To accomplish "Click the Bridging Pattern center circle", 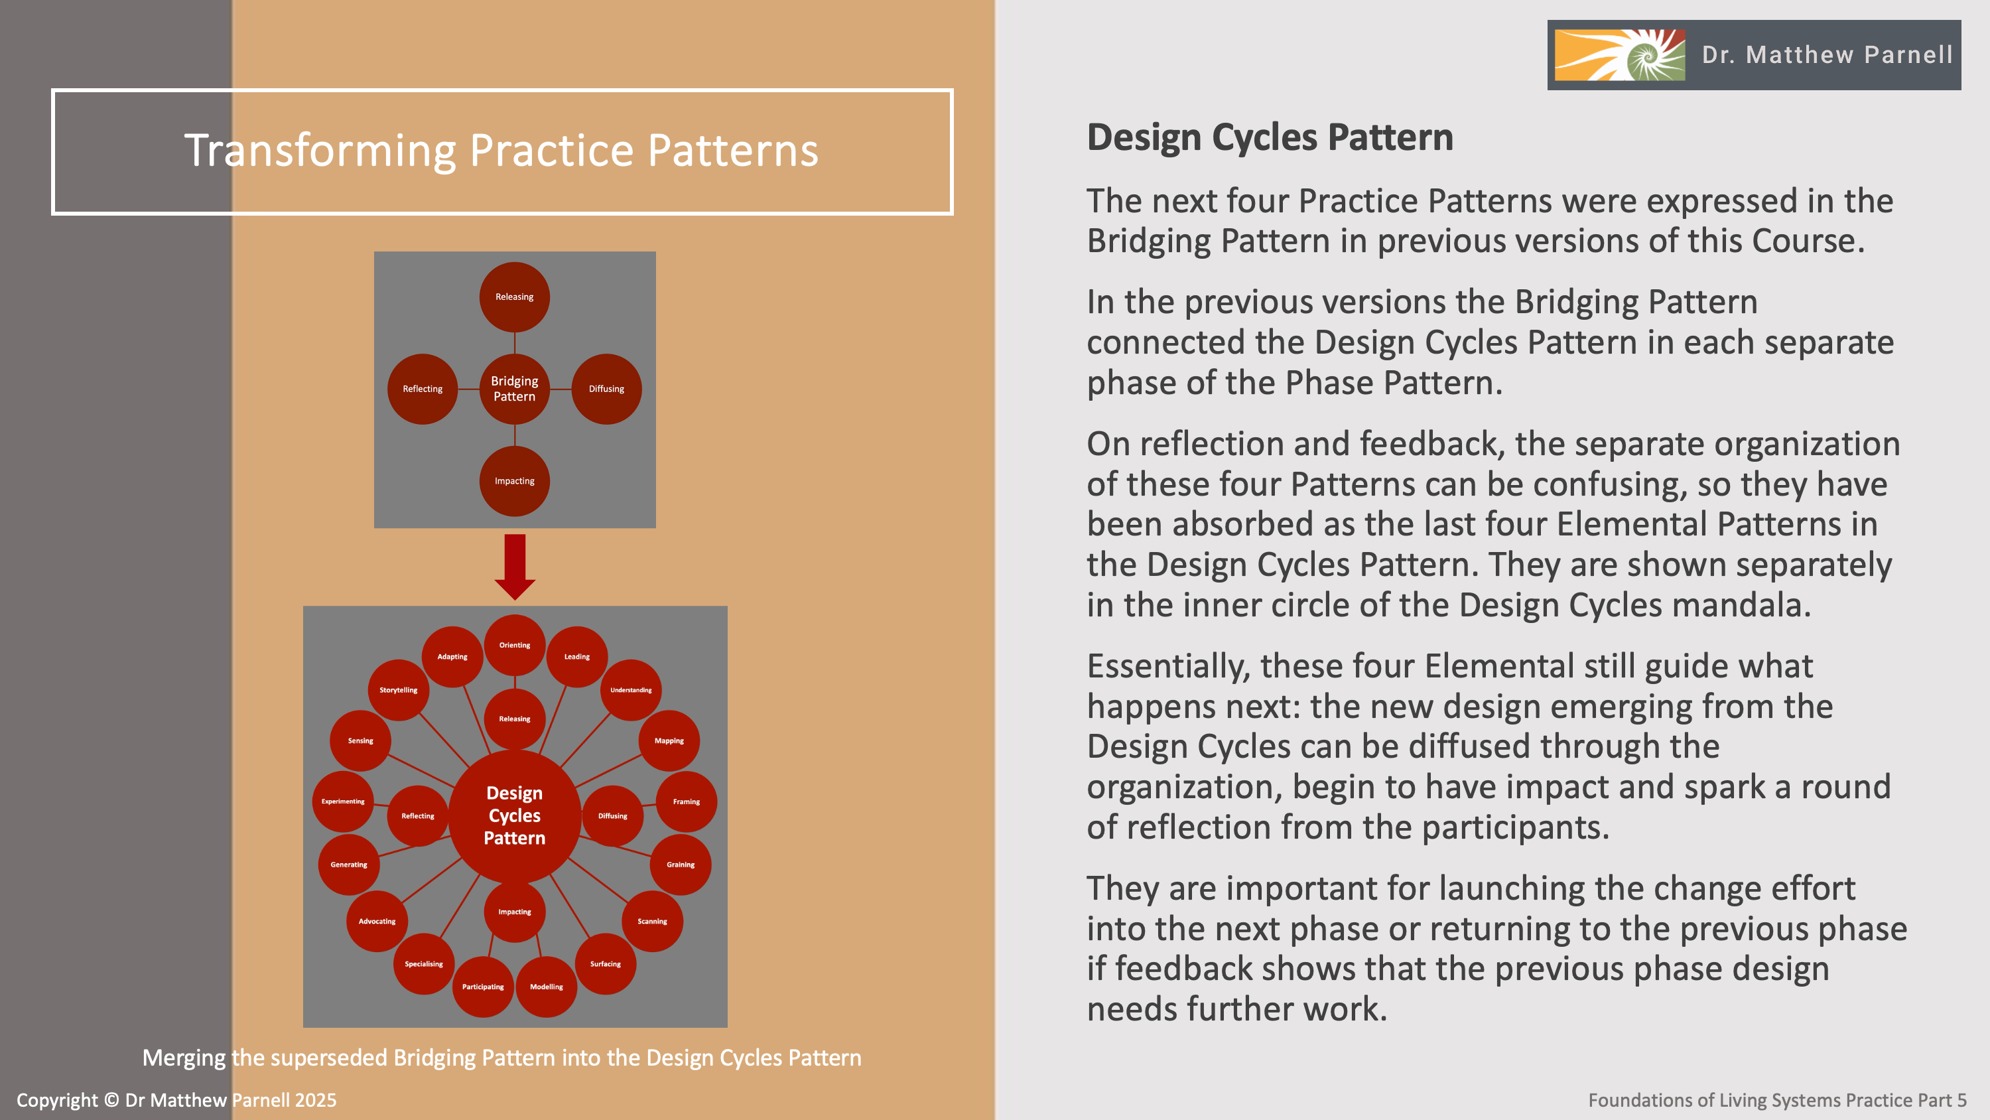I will [x=515, y=389].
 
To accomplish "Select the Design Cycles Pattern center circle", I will [x=515, y=815].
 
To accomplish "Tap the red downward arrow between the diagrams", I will [x=515, y=567].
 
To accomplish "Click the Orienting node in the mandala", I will [x=515, y=645].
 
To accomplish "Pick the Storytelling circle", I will [x=398, y=689].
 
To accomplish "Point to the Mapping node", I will [x=669, y=740].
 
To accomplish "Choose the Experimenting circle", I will [x=343, y=802].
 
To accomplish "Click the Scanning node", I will [x=652, y=922].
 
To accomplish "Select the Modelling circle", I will [x=546, y=987].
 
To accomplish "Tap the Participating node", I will [x=483, y=987].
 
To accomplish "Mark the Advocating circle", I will [x=377, y=922].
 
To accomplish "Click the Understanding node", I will [x=631, y=689].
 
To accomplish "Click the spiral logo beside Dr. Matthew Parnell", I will [x=1620, y=55].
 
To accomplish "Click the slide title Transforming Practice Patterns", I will [x=501, y=150].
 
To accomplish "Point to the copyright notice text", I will [x=177, y=1100].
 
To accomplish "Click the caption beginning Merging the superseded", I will [x=501, y=1058].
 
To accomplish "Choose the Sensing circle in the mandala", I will [x=360, y=740].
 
